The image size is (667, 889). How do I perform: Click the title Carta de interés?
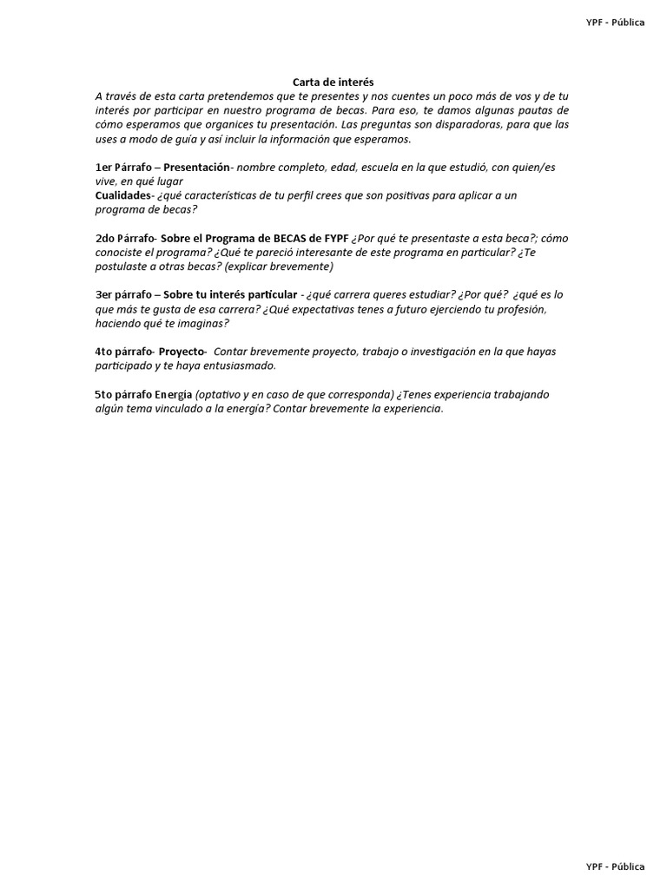[333, 82]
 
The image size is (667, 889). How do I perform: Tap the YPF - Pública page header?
[615, 23]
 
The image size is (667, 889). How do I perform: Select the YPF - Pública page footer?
[615, 866]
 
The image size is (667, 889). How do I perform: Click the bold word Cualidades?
[122, 195]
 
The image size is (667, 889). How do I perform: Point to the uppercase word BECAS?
[270, 239]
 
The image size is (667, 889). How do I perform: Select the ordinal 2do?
[106, 239]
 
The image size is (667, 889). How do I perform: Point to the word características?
[226, 195]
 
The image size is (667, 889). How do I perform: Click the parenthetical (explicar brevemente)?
[279, 267]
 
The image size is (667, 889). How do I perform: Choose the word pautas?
[537, 110]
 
